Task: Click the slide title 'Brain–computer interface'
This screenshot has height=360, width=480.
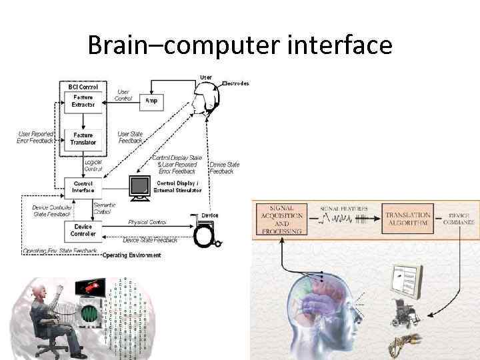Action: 240,45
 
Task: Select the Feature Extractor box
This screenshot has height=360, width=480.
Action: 83,101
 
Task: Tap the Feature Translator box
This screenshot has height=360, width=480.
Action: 83,139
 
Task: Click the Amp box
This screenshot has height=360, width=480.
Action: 151,100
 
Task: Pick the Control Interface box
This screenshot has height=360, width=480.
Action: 83,186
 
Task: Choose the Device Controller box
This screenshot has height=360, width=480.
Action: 83,230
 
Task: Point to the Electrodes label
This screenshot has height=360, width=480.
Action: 235,83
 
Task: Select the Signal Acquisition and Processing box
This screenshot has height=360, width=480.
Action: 280,219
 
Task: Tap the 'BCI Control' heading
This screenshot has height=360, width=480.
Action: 83,87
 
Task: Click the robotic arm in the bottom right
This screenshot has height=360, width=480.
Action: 403,344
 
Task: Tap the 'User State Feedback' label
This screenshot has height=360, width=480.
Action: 130,137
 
